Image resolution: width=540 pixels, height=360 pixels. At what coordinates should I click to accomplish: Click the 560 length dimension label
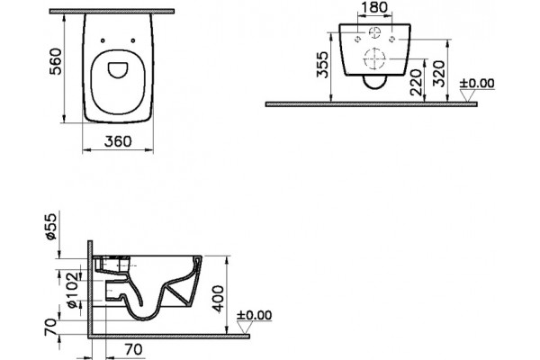tap(56, 61)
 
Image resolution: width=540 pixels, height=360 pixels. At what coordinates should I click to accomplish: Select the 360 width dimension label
tap(118, 141)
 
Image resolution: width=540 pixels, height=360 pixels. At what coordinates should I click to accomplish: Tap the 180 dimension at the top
tap(374, 7)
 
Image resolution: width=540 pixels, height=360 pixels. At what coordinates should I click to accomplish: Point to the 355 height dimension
tap(323, 65)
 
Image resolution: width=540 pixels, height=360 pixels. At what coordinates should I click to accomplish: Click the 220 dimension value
tap(417, 82)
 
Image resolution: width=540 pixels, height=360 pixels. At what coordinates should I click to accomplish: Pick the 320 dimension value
tap(439, 74)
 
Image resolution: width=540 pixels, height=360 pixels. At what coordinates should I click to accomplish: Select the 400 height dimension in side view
tap(218, 299)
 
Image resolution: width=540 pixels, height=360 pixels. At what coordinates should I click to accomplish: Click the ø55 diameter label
tap(50, 227)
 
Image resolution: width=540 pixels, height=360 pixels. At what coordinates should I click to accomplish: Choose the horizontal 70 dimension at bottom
tap(133, 350)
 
